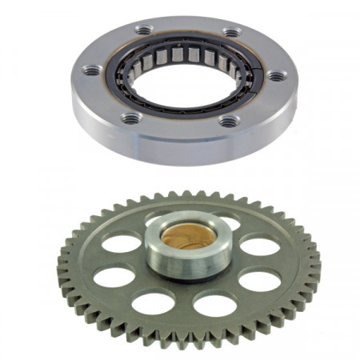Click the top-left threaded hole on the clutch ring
[x=144, y=30]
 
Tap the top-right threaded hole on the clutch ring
[x=231, y=33]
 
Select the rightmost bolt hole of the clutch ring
[x=276, y=77]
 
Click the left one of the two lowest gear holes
[x=154, y=302]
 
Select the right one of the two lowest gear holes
[x=214, y=305]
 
